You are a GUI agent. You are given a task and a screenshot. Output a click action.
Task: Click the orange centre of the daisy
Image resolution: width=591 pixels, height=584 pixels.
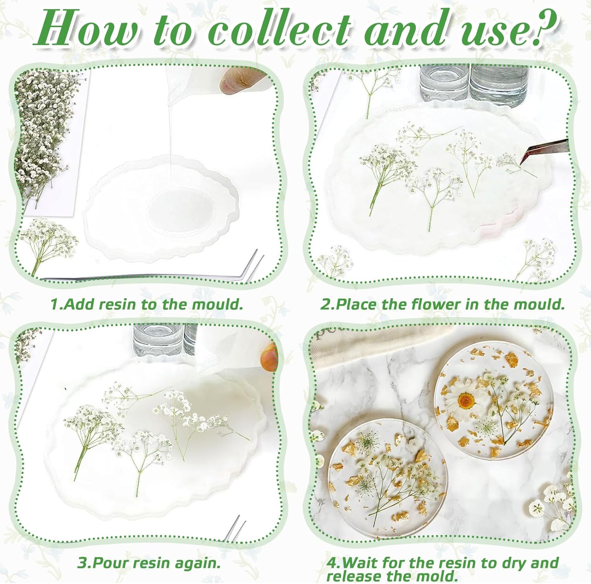tap(466, 401)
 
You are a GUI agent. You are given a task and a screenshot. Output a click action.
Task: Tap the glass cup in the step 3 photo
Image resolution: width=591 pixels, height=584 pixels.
tap(158, 339)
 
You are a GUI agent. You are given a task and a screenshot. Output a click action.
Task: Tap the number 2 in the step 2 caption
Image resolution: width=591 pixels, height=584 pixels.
tap(325, 304)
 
